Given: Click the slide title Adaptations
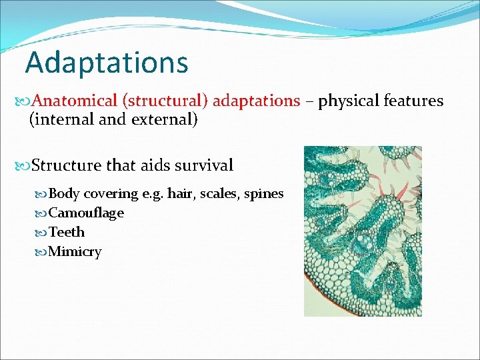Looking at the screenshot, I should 107,63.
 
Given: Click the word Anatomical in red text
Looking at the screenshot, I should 74,101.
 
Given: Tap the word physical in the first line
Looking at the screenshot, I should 349,101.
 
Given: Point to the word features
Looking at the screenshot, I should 413,101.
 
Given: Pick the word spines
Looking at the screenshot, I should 264,194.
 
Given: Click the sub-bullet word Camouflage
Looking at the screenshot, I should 86,213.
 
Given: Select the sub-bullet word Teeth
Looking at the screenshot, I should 67,233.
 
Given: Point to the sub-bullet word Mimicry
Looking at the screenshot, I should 75,252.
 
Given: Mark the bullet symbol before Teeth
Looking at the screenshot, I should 43,233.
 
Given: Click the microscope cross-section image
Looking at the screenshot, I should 363,231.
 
